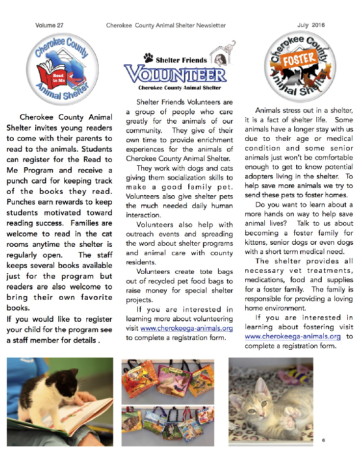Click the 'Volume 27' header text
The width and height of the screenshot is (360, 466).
(x=50, y=25)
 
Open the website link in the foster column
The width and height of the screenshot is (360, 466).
(x=292, y=337)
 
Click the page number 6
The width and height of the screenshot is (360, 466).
(x=324, y=440)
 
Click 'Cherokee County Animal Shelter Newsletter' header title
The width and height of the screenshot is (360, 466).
(x=166, y=25)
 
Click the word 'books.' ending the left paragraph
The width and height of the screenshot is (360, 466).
(x=18, y=309)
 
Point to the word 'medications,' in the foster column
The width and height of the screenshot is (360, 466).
(x=267, y=280)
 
